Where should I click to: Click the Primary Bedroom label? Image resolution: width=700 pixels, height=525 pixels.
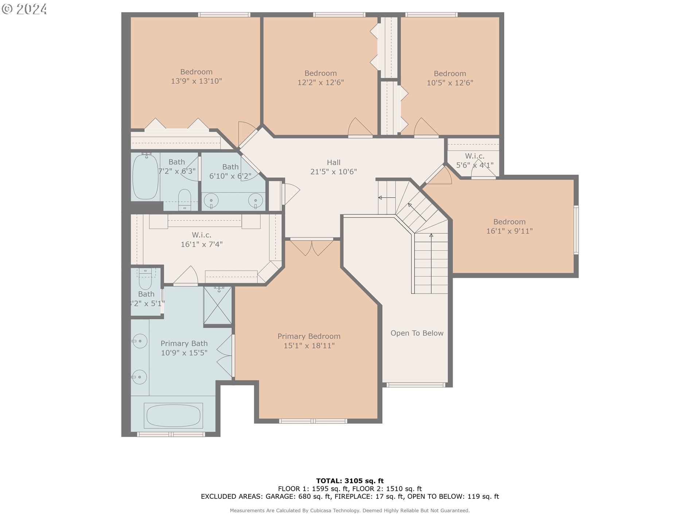click(309, 336)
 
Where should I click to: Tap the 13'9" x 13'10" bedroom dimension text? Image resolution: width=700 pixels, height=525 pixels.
click(197, 81)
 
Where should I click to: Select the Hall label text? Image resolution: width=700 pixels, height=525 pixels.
click(334, 163)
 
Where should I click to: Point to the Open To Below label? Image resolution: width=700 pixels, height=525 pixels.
click(417, 333)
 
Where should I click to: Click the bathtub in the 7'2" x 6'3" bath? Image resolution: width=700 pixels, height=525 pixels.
click(145, 176)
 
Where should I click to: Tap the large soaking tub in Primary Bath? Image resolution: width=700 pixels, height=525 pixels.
click(173, 415)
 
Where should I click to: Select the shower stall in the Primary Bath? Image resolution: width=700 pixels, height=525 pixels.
click(217, 305)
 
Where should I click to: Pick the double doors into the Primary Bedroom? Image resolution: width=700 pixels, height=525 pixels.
click(312, 247)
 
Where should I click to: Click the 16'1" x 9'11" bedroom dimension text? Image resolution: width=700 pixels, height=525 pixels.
click(509, 231)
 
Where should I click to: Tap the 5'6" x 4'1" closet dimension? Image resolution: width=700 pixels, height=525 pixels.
click(475, 165)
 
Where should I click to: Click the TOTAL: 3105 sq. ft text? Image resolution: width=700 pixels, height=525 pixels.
click(350, 481)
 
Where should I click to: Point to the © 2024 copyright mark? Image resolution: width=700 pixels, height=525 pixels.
click(24, 9)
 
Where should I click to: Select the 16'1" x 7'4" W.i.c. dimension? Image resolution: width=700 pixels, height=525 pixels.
click(202, 244)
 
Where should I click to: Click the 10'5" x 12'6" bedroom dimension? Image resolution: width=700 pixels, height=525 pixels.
click(450, 83)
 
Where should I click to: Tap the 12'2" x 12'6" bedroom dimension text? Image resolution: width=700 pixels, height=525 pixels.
click(320, 82)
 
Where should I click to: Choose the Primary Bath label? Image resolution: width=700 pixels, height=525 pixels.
click(184, 343)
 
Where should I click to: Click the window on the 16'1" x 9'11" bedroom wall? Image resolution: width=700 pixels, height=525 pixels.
click(576, 230)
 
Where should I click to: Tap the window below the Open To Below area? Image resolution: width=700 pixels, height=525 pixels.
click(416, 385)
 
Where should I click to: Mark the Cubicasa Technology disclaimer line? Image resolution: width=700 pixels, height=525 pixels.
click(350, 510)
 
